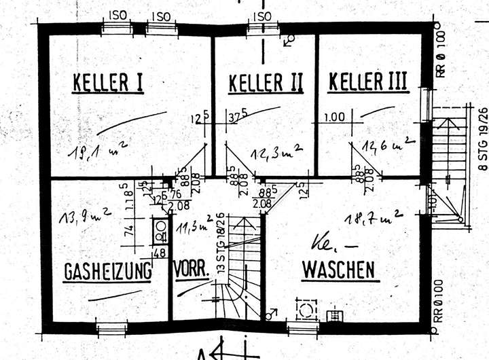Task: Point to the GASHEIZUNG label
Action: [107, 272]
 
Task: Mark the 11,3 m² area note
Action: [193, 224]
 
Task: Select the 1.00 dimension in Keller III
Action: [336, 116]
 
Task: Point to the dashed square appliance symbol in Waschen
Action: [304, 310]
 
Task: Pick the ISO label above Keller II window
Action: [261, 16]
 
